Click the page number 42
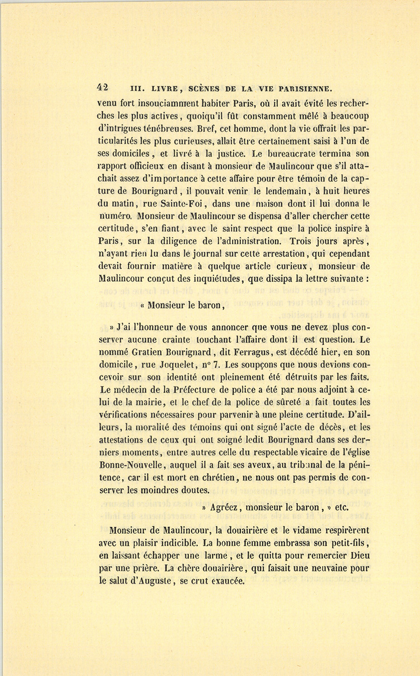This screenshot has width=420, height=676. click(103, 87)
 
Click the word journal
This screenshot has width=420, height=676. click(186, 254)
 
